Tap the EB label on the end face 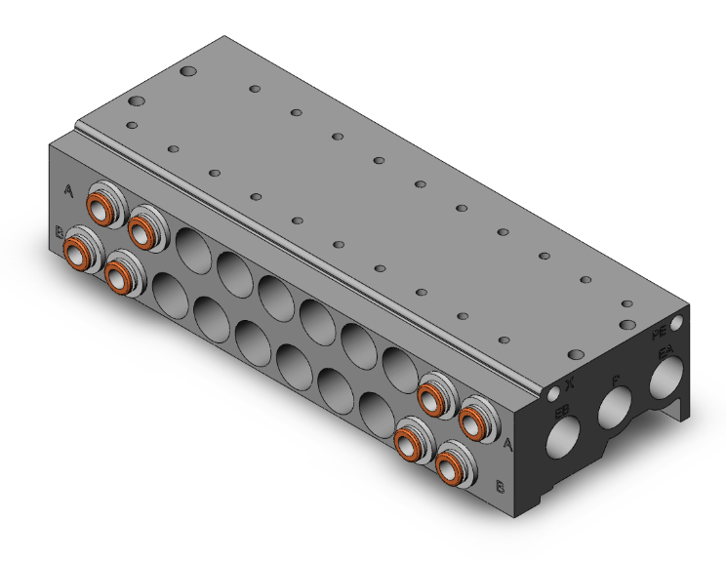pos(563,412)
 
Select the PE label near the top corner pos(660,333)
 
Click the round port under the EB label pos(563,440)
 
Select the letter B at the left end pos(60,232)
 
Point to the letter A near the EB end pos(508,444)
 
